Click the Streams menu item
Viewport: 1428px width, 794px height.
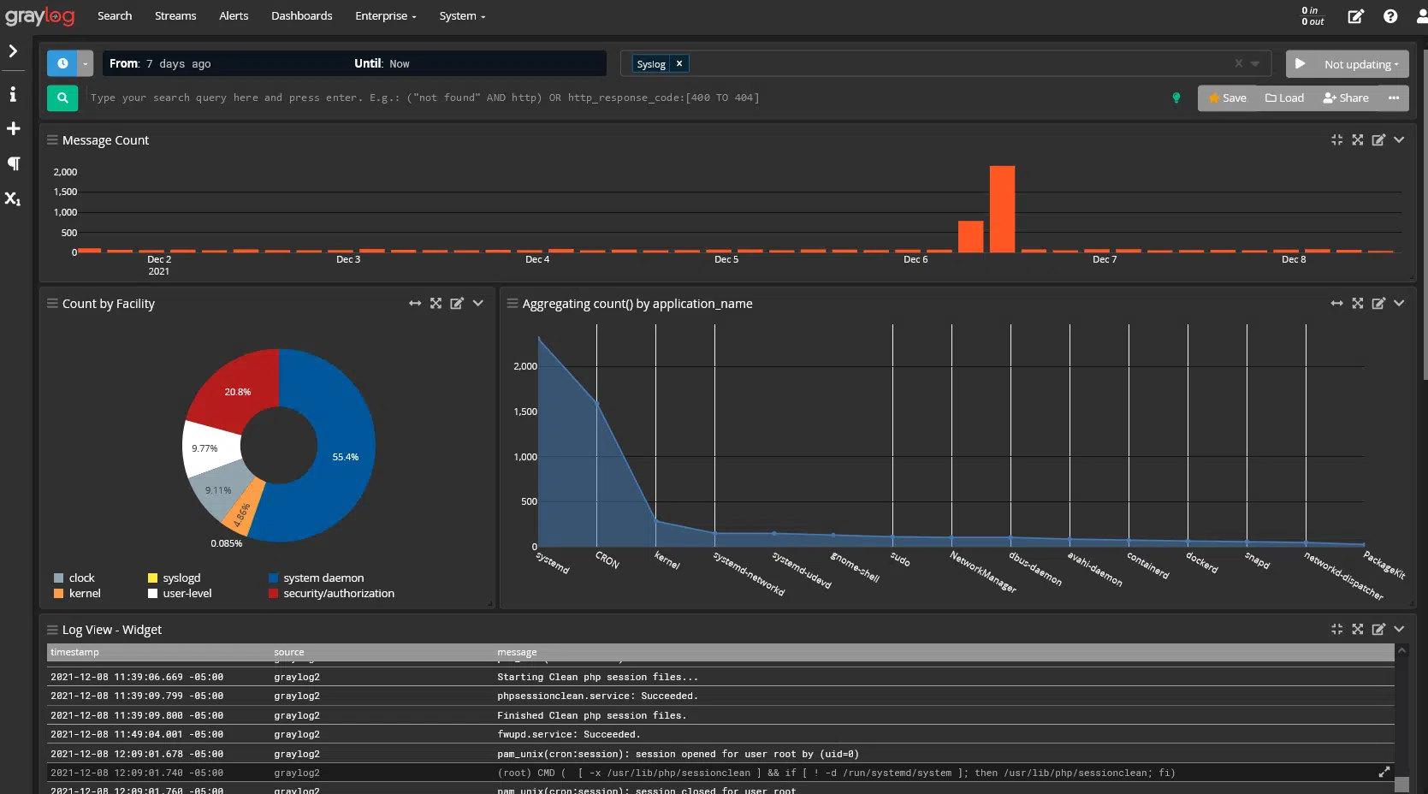coord(175,16)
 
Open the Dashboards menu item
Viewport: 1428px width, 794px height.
coord(301,16)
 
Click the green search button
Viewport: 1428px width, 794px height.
coord(62,98)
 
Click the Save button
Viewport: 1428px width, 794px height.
coord(1227,98)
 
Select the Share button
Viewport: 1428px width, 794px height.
coord(1346,98)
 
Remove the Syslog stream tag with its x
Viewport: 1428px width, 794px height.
coord(679,64)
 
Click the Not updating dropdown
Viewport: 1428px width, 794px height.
coord(1360,64)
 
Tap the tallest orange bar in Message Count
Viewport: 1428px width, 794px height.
coord(1002,210)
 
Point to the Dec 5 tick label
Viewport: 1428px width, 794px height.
coord(726,259)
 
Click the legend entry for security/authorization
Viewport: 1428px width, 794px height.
coord(338,593)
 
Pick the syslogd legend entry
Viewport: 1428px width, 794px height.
coord(181,578)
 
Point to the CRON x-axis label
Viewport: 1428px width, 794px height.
coord(607,560)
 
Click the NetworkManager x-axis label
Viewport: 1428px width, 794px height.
coord(983,572)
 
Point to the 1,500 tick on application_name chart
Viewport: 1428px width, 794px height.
coord(524,412)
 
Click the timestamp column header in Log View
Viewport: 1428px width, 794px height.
coord(74,652)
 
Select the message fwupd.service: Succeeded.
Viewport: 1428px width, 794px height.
coord(568,734)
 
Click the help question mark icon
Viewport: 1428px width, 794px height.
coord(1390,16)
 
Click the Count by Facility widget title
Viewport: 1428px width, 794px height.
coord(109,304)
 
